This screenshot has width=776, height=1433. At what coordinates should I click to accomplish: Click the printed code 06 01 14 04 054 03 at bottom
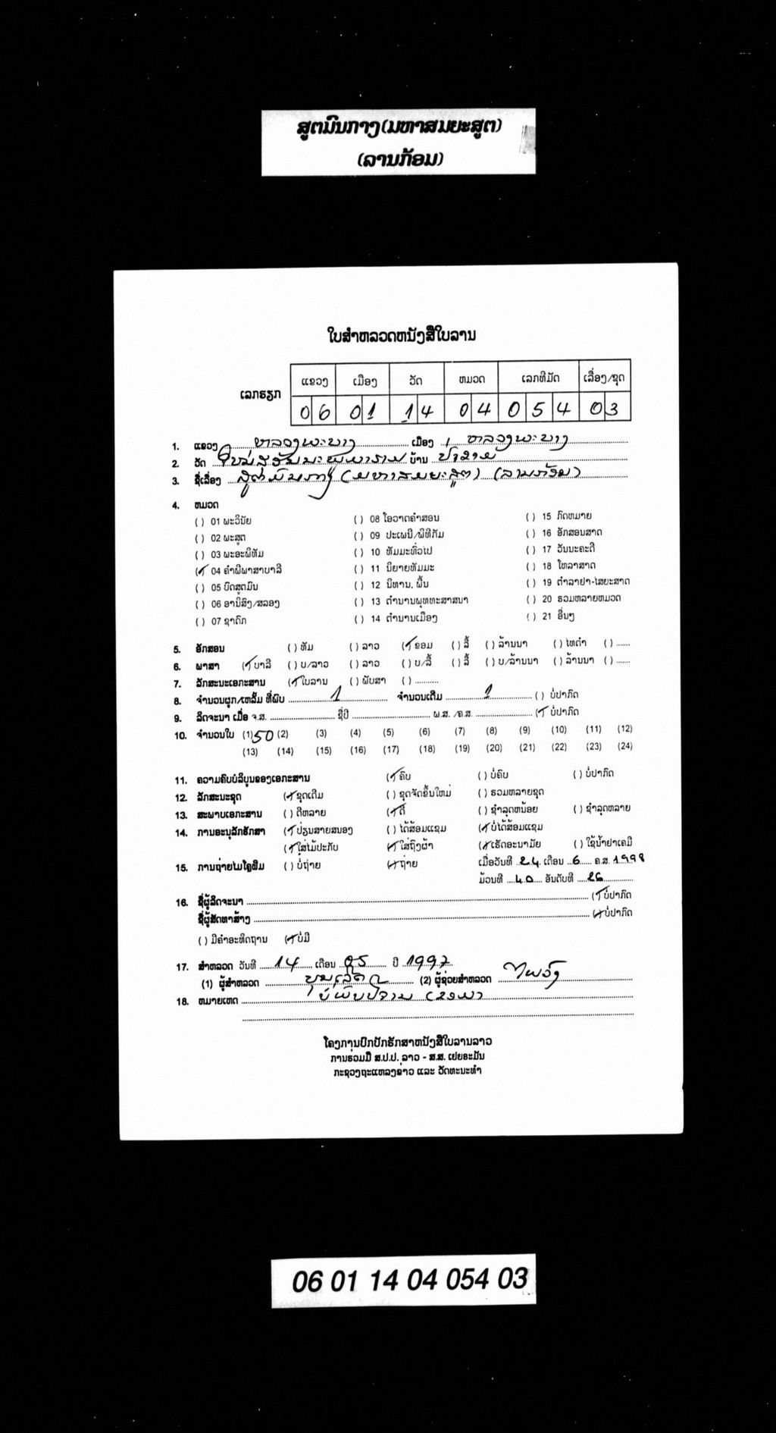[x=409, y=1280]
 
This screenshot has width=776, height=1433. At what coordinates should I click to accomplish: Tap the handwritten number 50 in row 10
[x=263, y=735]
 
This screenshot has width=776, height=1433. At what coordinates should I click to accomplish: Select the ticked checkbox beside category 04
[x=200, y=571]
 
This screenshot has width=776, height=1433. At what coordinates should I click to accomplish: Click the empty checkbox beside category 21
[x=530, y=616]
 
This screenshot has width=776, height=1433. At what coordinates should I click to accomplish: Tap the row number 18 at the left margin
[x=182, y=1001]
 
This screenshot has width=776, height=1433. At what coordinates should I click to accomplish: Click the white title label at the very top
[x=399, y=142]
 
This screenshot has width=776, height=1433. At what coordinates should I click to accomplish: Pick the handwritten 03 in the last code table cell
[x=605, y=410]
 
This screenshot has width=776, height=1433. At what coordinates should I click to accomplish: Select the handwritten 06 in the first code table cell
[x=315, y=412]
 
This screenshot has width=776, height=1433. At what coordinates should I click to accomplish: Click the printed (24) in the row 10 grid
[x=624, y=746]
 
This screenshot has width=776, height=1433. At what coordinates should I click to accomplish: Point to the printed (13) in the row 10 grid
[x=250, y=752]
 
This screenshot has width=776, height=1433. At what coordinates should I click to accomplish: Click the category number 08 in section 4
[x=374, y=519]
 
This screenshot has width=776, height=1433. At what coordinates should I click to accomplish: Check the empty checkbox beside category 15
[x=530, y=516]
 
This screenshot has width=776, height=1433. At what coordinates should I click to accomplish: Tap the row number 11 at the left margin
[x=181, y=779]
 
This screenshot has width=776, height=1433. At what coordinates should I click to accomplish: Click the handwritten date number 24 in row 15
[x=520, y=861]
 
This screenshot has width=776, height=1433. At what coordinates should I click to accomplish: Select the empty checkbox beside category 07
[x=200, y=622]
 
